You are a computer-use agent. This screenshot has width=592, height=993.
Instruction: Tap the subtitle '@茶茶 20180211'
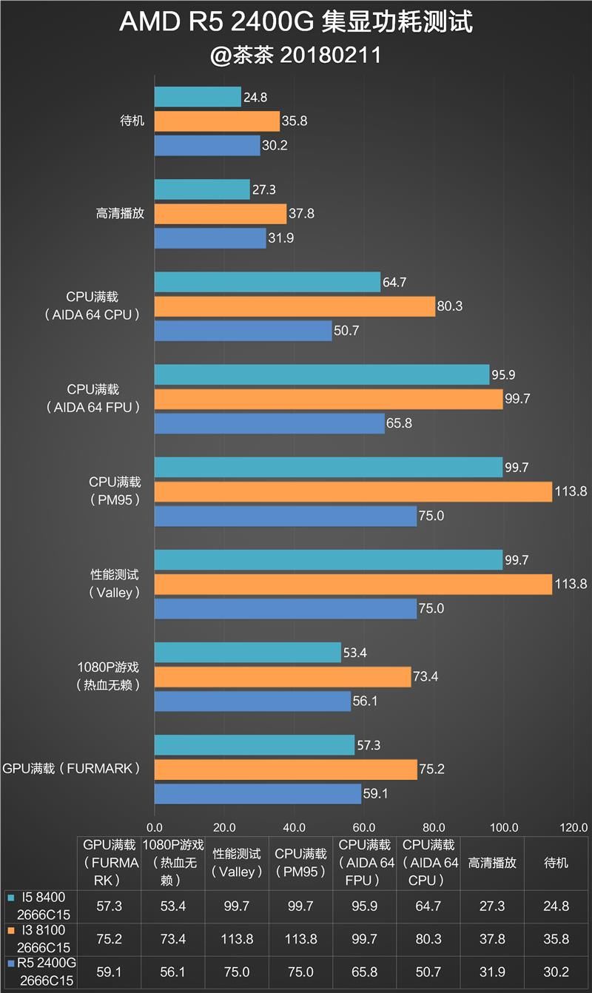coord(296,55)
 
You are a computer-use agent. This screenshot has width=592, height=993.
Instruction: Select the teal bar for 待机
coord(198,97)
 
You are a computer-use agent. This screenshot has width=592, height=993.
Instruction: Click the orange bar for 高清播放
coord(220,214)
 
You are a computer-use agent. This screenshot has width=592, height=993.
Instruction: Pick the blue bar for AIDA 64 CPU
coord(243,331)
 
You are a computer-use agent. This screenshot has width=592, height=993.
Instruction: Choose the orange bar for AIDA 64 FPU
coord(328,399)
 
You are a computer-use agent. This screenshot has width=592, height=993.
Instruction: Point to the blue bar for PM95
coord(285,516)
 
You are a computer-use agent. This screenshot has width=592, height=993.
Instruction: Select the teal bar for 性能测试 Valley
coord(328,560)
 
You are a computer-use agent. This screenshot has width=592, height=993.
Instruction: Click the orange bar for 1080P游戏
coord(282,677)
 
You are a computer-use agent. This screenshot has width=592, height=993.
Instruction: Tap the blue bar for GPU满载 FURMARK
coord(258,794)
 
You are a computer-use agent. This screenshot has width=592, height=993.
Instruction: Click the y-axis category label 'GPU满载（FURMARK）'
coord(72,769)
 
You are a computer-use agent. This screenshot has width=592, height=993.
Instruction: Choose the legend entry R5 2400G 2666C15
coord(42,970)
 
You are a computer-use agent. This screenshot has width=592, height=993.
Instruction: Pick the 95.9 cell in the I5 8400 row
coord(364,906)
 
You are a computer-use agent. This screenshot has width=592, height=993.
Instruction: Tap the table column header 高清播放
coord(491,863)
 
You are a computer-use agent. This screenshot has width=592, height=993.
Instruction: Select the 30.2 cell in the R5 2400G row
coord(556,970)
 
